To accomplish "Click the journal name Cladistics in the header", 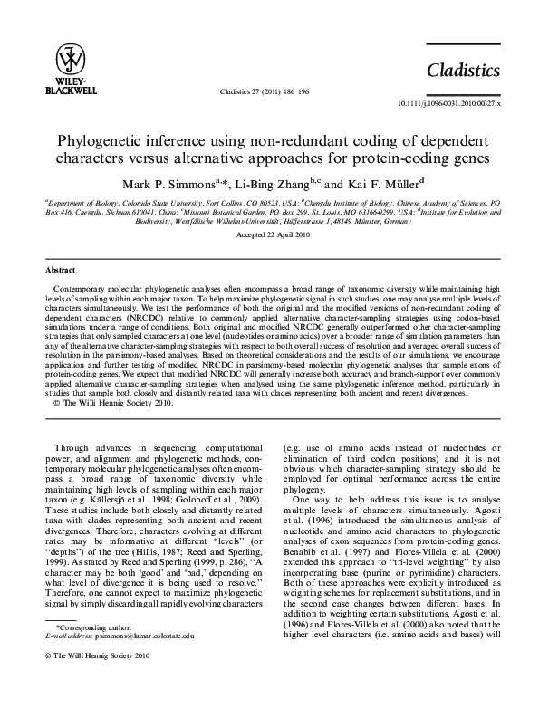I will (x=464, y=70).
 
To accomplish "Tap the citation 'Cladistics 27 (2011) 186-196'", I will (x=265, y=92).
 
